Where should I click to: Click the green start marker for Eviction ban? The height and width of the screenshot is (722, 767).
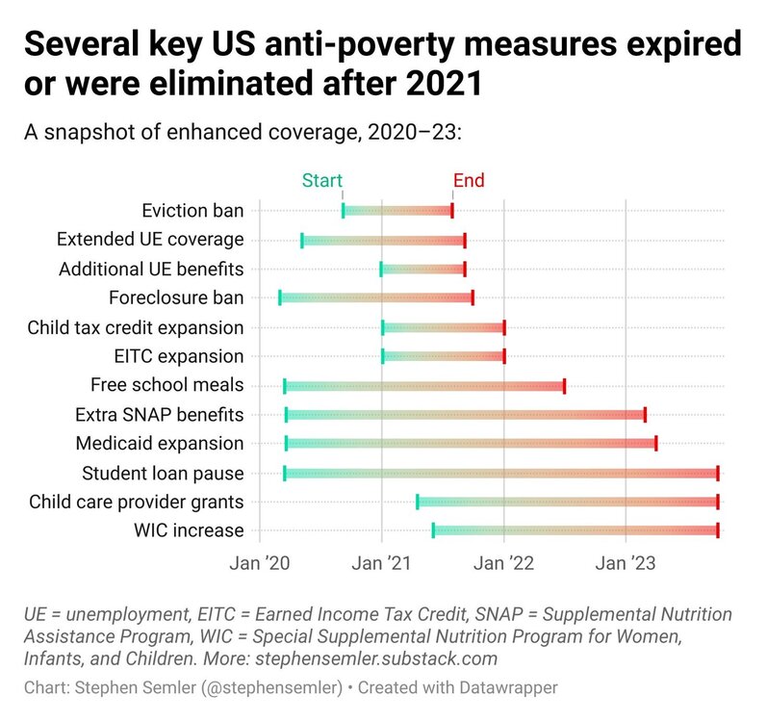[x=344, y=211]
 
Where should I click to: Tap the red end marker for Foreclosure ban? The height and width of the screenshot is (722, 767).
[x=473, y=297]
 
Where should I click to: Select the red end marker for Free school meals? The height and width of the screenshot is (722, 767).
[x=564, y=386]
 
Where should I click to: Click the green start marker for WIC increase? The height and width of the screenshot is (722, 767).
[x=433, y=530]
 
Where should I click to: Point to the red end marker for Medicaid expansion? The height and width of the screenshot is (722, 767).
[x=655, y=444]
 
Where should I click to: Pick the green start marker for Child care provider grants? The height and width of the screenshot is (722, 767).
[x=417, y=502]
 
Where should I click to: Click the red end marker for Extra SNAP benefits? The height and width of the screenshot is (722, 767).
[x=645, y=415]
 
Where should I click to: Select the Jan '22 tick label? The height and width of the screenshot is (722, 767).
[x=504, y=562]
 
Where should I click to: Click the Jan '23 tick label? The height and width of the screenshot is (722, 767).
[x=626, y=562]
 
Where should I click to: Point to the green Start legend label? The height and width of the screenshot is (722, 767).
[x=322, y=181]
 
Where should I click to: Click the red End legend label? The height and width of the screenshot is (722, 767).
[x=469, y=181]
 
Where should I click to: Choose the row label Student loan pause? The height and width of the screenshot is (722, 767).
[x=163, y=473]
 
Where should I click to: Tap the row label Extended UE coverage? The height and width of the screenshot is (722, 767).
[x=150, y=240]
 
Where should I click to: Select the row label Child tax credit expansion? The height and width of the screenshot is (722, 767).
[x=136, y=328]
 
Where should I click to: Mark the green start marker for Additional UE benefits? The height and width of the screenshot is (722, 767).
[x=381, y=269]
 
